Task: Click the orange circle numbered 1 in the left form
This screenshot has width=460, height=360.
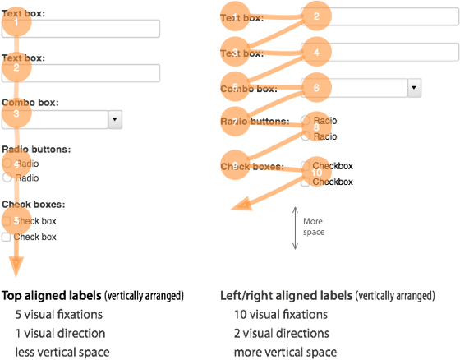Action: coord(16,23)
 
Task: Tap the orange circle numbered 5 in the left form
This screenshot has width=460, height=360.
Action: coord(16,220)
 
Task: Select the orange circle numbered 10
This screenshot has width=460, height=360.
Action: coord(316,172)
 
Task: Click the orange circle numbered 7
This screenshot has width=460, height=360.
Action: coord(235,122)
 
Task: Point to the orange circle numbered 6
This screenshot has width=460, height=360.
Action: coord(315,86)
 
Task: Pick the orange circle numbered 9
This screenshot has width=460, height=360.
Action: coord(235,166)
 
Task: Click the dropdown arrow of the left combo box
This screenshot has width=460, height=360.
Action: coord(114,119)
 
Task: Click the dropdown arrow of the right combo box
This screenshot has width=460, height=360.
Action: coord(414,86)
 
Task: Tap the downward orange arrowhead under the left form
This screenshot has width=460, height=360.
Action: coord(16,271)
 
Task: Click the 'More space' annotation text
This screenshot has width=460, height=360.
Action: coord(313,226)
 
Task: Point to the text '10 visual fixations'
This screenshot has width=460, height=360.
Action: coord(281,314)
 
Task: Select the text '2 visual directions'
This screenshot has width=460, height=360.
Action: coord(281,333)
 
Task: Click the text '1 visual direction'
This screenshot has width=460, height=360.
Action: coord(59,333)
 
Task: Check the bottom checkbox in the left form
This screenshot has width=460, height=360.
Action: coord(7,237)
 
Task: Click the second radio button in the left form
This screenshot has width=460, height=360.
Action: coord(7,177)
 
